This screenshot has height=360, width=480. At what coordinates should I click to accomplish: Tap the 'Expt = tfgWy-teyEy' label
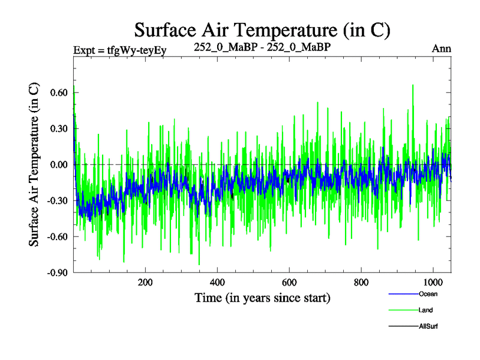119,49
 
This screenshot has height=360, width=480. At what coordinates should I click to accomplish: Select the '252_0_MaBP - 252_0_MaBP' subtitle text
262,47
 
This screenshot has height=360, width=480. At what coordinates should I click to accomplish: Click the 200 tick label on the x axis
145,283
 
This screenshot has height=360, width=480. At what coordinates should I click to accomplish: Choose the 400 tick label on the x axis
217,283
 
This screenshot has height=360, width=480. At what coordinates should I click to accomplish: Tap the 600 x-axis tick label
289,283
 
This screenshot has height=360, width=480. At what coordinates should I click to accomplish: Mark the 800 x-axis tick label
361,283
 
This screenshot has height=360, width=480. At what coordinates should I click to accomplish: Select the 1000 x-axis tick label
433,283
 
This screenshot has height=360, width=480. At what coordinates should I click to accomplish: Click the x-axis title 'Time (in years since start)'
262,298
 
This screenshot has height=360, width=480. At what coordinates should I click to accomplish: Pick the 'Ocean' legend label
428,294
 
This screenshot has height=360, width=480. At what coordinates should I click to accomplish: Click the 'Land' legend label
425,310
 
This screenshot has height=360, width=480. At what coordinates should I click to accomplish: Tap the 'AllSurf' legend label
428,326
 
